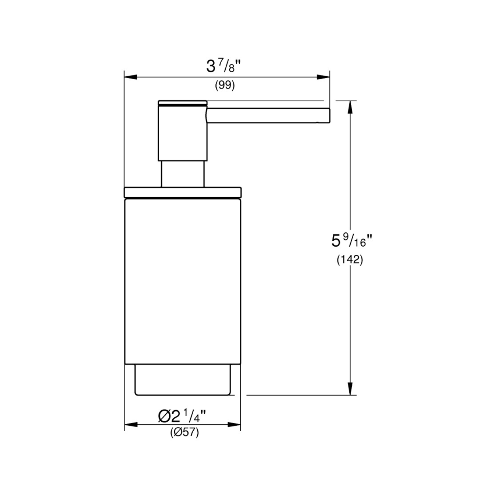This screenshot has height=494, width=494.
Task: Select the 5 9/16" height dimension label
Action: click(351, 241)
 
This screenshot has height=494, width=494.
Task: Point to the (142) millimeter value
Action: click(350, 260)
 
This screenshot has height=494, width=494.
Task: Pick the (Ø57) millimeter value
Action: click(185, 433)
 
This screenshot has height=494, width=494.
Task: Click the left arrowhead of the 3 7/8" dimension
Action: click(130, 77)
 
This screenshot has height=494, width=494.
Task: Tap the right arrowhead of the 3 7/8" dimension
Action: click(323, 77)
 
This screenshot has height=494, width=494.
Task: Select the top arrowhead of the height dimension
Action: click(350, 107)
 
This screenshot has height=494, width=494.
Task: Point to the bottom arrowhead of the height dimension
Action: click(350, 388)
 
